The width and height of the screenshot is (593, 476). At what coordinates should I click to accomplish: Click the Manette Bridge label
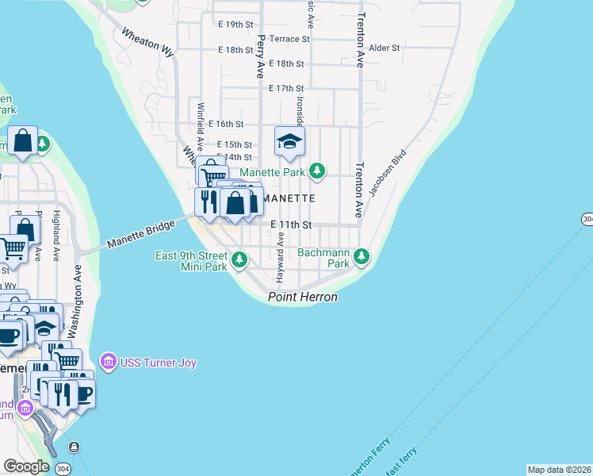click(140, 236)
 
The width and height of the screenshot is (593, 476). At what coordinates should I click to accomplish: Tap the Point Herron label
click(302, 297)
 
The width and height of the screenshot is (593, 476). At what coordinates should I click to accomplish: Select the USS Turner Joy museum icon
click(109, 362)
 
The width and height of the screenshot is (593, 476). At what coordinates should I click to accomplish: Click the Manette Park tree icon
click(317, 171)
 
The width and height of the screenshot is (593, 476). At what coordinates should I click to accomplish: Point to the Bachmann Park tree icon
click(362, 255)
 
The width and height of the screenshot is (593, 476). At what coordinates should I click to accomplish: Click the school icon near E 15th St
click(289, 142)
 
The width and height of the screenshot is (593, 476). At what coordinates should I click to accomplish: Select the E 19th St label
click(235, 25)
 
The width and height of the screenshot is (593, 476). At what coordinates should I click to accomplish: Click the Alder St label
click(384, 48)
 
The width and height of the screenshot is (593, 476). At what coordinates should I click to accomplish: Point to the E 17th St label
click(286, 88)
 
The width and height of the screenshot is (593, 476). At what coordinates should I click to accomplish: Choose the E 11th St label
click(289, 225)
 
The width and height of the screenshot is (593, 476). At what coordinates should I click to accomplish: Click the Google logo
click(25, 466)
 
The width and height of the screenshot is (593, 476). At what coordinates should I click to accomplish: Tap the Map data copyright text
click(559, 470)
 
